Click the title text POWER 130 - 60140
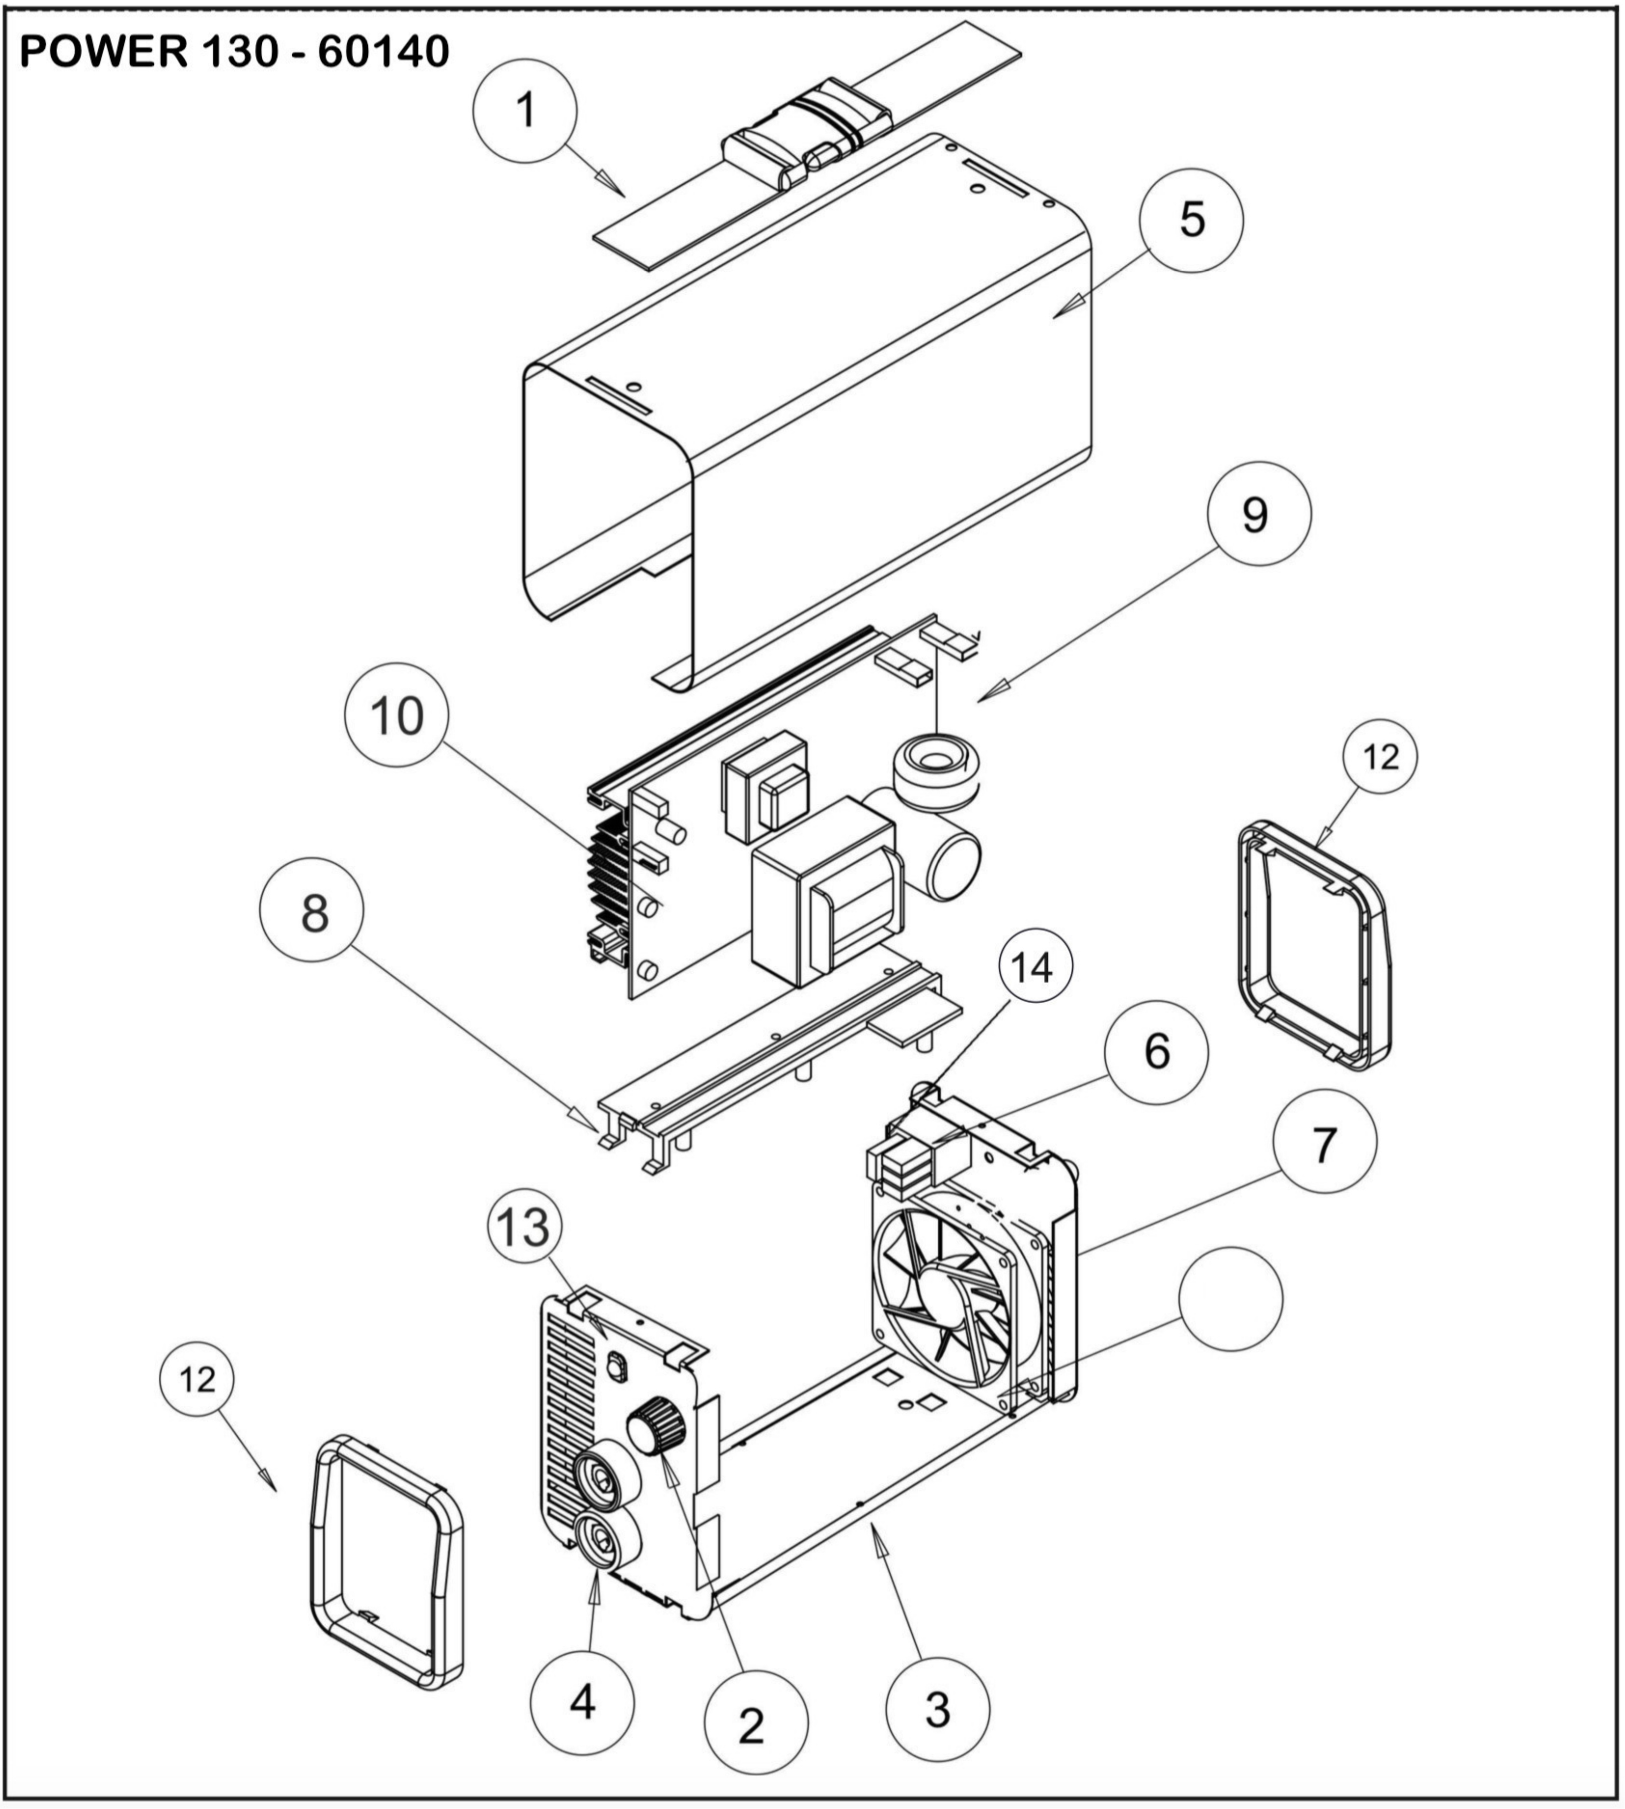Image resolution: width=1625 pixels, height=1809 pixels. pyautogui.click(x=234, y=52)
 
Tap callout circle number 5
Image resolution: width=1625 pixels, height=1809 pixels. pyautogui.click(x=1191, y=220)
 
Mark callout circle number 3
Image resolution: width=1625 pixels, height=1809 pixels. pyautogui.click(x=937, y=1709)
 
